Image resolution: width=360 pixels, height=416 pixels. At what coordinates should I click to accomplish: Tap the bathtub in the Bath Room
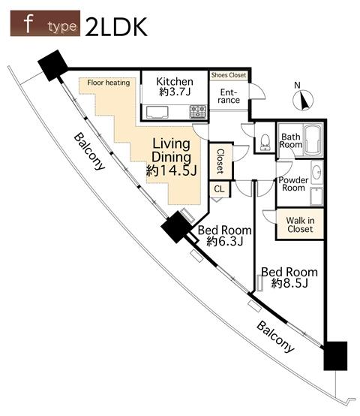click(x=313, y=140)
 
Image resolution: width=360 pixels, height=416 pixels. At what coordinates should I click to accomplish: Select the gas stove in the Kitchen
click(x=197, y=112)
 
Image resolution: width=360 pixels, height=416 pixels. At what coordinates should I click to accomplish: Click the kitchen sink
click(x=157, y=112)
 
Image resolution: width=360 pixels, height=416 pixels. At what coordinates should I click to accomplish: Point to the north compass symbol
click(x=303, y=100)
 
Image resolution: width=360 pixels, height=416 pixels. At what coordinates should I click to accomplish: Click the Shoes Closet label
click(x=229, y=75)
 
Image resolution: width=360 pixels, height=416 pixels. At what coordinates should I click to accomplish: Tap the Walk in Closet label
click(x=301, y=225)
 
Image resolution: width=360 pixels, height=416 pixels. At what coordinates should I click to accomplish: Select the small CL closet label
click(x=219, y=189)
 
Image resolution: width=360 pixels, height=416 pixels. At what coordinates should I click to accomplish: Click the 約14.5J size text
click(x=172, y=170)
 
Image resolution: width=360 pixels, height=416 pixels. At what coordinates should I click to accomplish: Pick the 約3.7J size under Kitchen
click(x=175, y=92)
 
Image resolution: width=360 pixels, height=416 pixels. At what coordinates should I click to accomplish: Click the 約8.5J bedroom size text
click(x=289, y=284)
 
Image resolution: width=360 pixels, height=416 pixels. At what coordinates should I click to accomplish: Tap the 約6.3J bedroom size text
click(x=225, y=241)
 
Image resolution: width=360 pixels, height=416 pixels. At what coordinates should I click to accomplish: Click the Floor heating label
click(x=109, y=83)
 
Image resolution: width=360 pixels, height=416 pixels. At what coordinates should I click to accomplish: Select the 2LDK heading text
click(x=116, y=27)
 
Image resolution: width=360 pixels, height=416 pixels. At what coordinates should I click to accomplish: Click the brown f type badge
click(x=45, y=23)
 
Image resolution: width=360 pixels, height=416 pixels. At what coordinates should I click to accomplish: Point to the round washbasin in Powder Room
click(x=316, y=171)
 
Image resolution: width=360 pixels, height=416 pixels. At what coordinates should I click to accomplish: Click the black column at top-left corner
click(x=53, y=65)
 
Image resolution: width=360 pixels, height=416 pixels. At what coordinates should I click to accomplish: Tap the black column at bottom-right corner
click(x=335, y=356)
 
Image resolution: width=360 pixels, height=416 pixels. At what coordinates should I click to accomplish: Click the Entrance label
click(x=229, y=96)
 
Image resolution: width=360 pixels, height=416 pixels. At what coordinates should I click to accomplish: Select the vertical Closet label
click(x=220, y=161)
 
